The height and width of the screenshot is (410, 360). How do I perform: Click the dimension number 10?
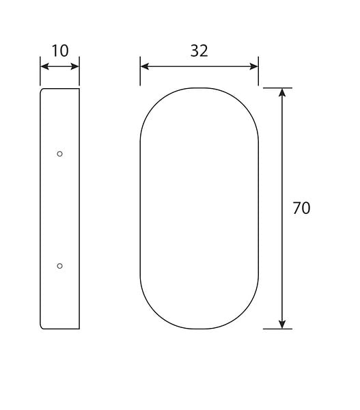[x=60, y=51]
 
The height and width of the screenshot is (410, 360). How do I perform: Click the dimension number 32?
[x=199, y=51]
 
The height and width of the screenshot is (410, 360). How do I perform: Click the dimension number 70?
[x=301, y=208]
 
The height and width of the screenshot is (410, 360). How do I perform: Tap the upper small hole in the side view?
[x=59, y=154]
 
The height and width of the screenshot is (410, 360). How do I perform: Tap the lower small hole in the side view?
[x=59, y=266]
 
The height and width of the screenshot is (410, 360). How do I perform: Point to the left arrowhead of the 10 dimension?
[x=44, y=66]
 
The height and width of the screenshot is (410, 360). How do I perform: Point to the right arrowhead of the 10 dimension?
[x=74, y=66]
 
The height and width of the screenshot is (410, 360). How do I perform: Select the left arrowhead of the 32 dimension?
[x=145, y=66]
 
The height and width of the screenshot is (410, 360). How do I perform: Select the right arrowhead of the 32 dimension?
[x=254, y=66]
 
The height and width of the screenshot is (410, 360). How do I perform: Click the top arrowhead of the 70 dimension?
[x=282, y=92]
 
